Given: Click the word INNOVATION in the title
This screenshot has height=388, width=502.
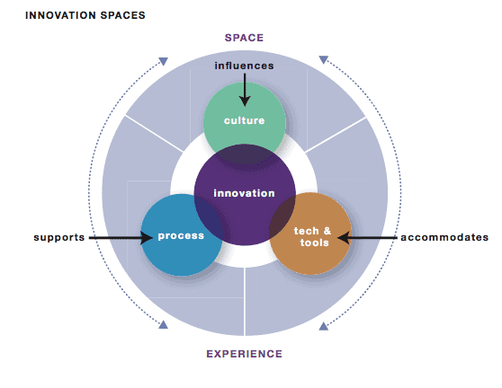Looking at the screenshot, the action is click(61, 15).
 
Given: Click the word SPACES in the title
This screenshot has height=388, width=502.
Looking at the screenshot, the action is click(123, 15).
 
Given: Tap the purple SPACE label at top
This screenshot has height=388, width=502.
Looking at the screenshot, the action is click(244, 38).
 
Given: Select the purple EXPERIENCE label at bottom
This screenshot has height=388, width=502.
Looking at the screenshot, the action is click(245, 354).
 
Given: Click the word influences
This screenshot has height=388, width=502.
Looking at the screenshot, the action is click(245, 66).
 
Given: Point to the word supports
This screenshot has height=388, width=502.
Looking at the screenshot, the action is click(59, 237).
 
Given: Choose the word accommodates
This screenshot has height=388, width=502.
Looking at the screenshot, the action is click(444, 237).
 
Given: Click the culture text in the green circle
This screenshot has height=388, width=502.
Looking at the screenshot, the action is click(245, 120).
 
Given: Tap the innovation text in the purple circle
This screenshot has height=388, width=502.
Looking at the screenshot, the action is click(245, 193).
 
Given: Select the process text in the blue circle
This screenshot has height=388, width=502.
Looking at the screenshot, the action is click(181, 236).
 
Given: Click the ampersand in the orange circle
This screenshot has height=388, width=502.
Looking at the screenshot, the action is click(327, 231).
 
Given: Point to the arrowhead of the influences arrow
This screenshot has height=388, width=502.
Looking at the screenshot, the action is click(245, 102).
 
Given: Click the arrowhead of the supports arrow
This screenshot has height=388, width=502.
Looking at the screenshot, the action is click(148, 238).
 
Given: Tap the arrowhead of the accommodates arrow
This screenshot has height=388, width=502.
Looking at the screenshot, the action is click(343, 238).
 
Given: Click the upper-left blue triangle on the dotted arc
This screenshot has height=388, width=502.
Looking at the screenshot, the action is click(163, 61).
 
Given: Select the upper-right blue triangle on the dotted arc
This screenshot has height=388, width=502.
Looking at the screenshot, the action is click(323, 59).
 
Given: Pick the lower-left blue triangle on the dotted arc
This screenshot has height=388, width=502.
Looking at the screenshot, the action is click(163, 325).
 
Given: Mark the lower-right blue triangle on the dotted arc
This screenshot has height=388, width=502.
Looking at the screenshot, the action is click(323, 326).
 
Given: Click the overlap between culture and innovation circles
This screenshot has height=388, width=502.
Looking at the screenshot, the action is click(245, 154).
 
